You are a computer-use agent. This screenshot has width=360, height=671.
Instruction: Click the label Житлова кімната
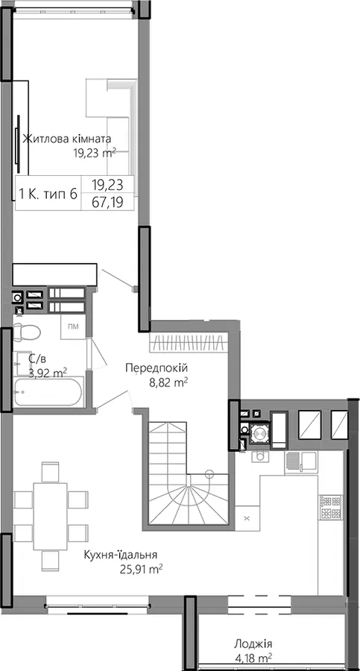(67, 139)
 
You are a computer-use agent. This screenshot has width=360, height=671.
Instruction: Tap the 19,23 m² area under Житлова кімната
(95, 153)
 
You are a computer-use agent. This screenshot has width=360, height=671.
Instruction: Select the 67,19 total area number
(107, 202)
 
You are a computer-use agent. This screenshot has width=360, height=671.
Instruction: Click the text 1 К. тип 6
(48, 194)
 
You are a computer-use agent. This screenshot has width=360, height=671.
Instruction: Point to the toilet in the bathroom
(26, 332)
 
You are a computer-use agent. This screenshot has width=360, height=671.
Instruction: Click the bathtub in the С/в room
(48, 391)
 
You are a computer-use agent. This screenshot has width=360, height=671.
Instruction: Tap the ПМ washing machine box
(73, 327)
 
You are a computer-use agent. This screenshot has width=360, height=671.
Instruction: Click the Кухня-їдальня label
(121, 555)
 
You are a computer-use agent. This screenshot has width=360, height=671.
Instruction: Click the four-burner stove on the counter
(330, 506)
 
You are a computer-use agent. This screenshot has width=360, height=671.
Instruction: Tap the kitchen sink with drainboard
(301, 461)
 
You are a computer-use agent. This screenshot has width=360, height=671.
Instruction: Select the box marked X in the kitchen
(247, 518)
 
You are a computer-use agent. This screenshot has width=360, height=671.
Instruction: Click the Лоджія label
(253, 643)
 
